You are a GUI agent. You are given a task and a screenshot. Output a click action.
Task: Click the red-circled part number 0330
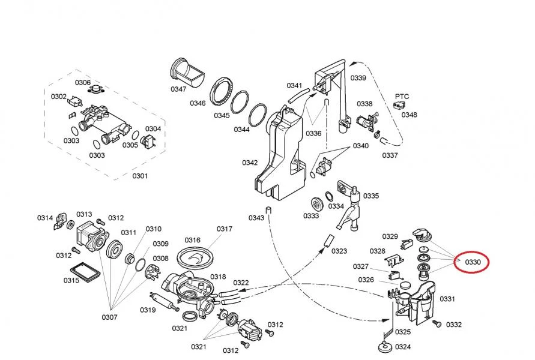473,262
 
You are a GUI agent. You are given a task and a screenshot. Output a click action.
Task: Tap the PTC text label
402,97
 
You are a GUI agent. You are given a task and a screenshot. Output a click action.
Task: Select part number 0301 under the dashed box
140,176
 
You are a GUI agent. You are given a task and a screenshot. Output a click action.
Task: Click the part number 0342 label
250,163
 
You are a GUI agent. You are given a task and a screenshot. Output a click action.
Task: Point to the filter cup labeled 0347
187,73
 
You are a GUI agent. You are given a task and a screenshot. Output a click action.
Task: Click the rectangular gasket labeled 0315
85,272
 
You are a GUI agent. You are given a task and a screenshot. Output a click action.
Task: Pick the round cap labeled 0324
386,348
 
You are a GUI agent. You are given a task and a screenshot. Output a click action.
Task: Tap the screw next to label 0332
437,323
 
